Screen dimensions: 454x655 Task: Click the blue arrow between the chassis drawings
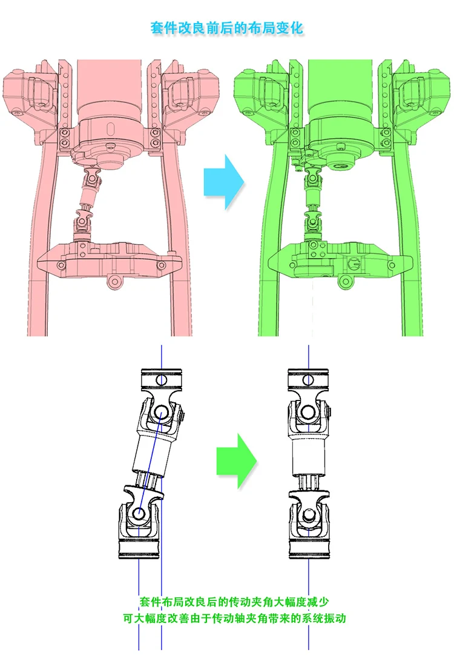point(224,182)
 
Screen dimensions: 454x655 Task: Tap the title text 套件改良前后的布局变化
point(226,28)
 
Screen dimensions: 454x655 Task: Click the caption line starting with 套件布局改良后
point(234,602)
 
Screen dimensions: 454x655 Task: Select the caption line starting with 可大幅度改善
point(234,618)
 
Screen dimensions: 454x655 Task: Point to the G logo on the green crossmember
point(354,264)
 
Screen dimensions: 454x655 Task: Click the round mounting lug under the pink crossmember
point(115,281)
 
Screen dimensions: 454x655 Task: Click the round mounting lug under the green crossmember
point(345,282)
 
